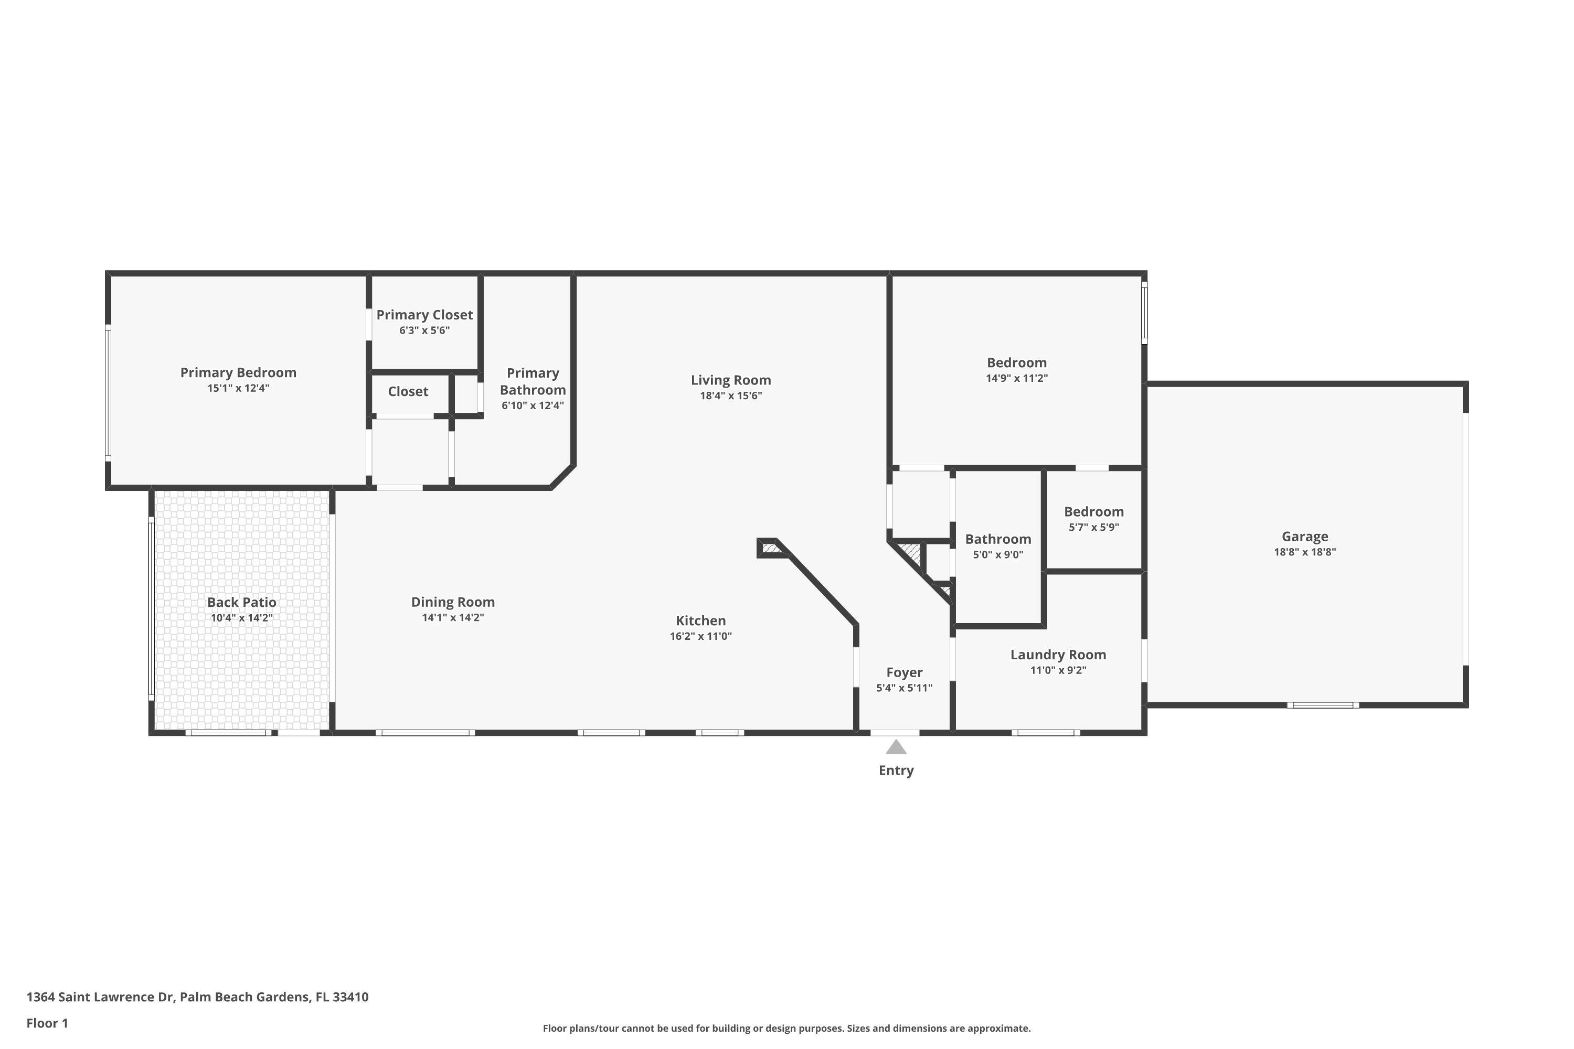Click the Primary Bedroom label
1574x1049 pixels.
238,372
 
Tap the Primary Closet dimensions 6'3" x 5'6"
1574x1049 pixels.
424,330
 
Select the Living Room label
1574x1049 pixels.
731,380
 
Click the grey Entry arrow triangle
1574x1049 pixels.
896,747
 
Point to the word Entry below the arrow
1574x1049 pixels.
896,770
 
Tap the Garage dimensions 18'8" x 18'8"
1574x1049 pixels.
1304,552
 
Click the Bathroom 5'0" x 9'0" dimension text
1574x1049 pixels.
998,554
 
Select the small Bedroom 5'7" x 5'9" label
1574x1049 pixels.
1093,512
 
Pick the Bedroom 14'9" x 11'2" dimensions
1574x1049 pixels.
1017,378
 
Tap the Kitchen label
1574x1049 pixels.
700,621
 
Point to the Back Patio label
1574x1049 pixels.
241,602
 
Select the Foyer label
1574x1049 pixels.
904,672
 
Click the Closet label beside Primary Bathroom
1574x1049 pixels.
408,391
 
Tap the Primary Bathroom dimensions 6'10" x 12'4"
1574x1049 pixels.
533,405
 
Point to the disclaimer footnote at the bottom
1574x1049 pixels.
786,1028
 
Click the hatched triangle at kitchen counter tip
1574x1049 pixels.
770,549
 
